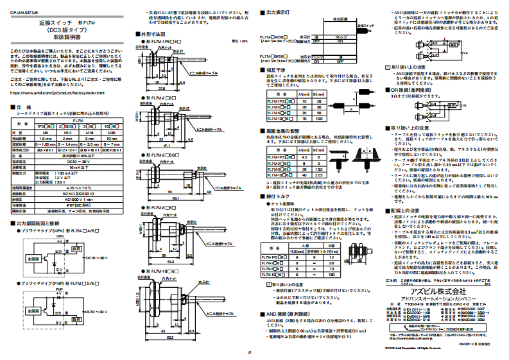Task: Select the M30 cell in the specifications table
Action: coord(112,133)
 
